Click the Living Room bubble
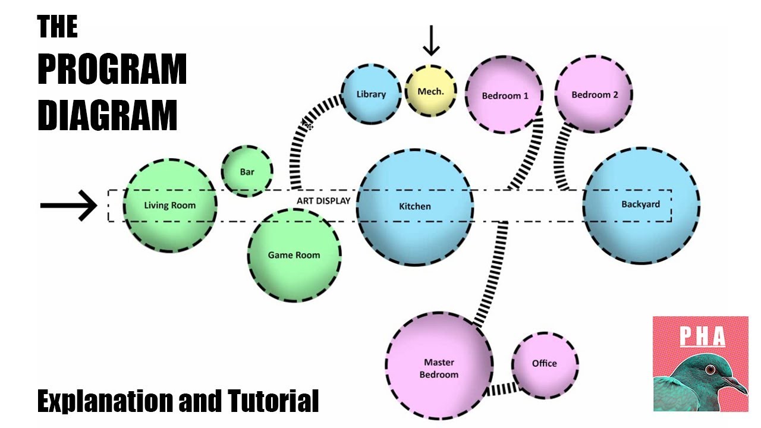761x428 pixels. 169,205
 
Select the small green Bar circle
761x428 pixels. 247,171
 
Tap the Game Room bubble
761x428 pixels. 294,255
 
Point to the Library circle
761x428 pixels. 371,94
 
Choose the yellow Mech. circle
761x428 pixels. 430,92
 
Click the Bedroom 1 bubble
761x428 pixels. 504,95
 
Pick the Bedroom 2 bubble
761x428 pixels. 594,95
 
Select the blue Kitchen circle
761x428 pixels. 415,206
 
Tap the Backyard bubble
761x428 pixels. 640,204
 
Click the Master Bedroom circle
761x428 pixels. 440,368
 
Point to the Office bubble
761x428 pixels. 545,363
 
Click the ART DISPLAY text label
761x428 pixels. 323,201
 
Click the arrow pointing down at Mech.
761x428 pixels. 431,41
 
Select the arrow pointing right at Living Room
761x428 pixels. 68,206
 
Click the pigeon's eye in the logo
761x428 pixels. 710,370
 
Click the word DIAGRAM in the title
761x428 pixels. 107,115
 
